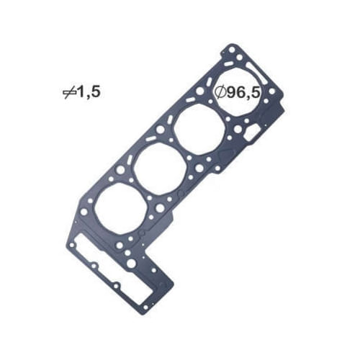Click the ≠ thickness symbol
(x=70, y=91)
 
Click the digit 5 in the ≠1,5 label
(x=94, y=91)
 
